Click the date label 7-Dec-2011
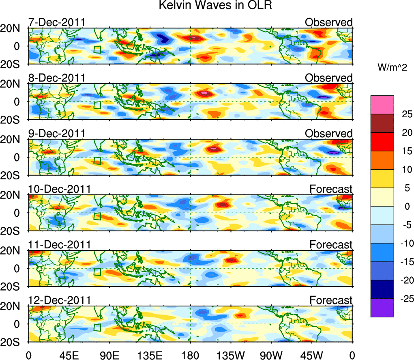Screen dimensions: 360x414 coord(56,22)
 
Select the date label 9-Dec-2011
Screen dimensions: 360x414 coord(56,134)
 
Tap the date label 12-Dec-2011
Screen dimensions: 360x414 coord(59,300)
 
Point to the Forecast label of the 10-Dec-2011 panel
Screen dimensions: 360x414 coord(331,189)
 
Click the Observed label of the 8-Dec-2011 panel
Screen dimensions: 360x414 coord(329,78)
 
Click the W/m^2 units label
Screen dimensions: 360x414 coord(392,68)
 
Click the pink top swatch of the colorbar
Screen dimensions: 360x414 coord(382,105)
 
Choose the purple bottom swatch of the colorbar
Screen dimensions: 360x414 coord(382,308)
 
